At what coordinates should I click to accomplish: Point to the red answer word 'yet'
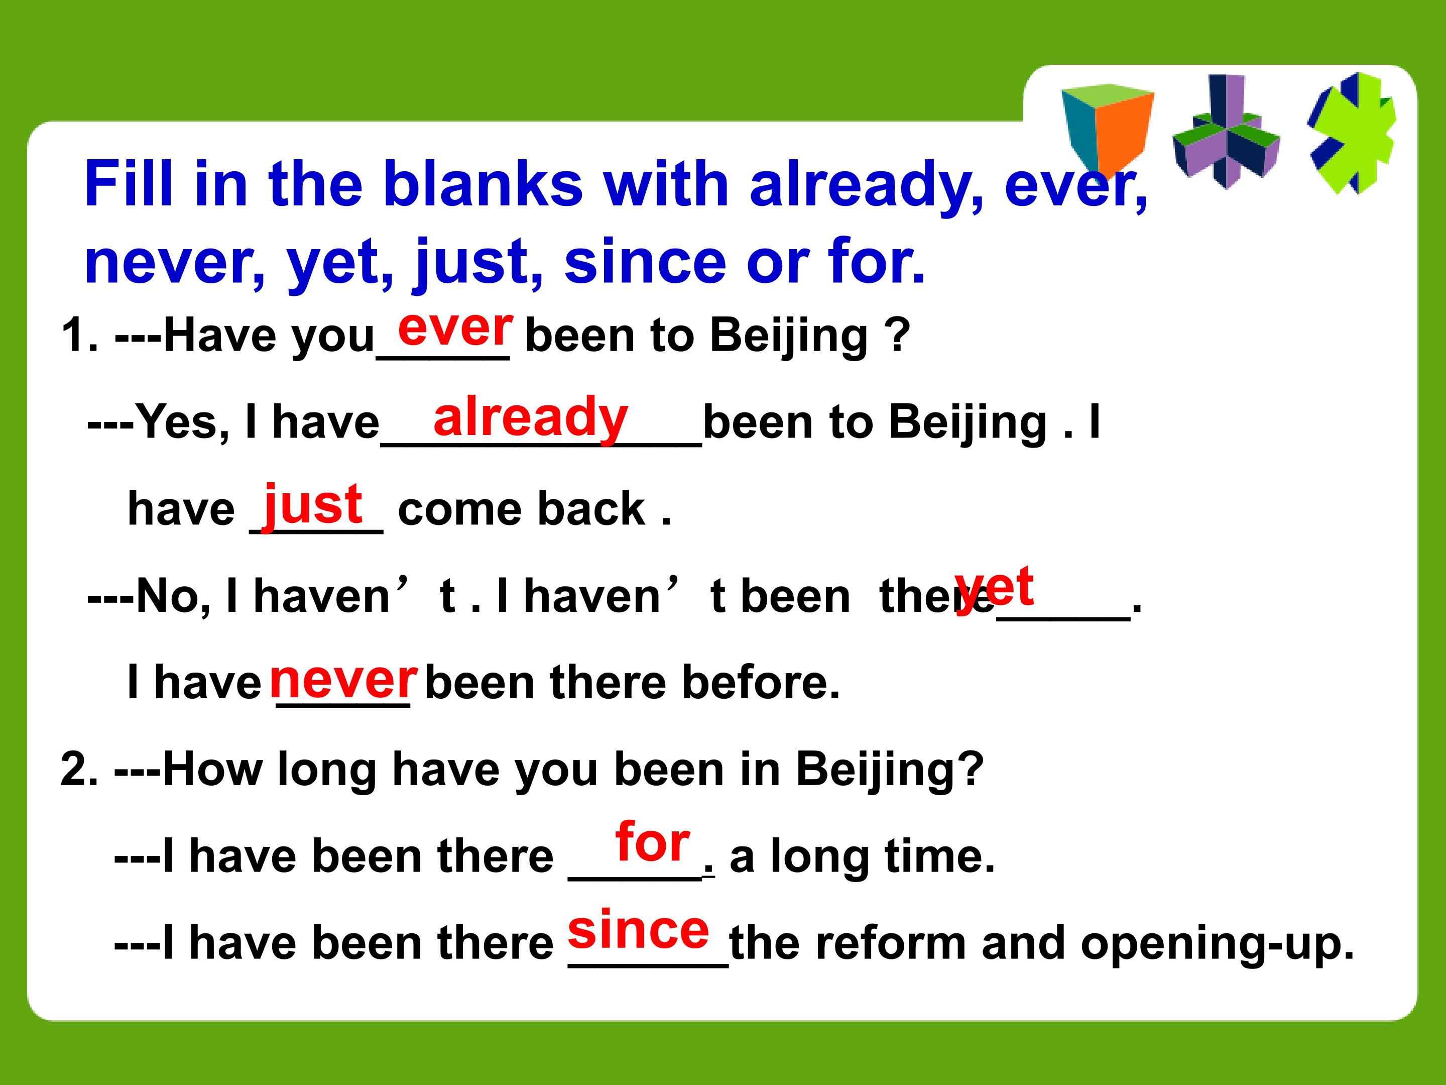pyautogui.click(x=994, y=587)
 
